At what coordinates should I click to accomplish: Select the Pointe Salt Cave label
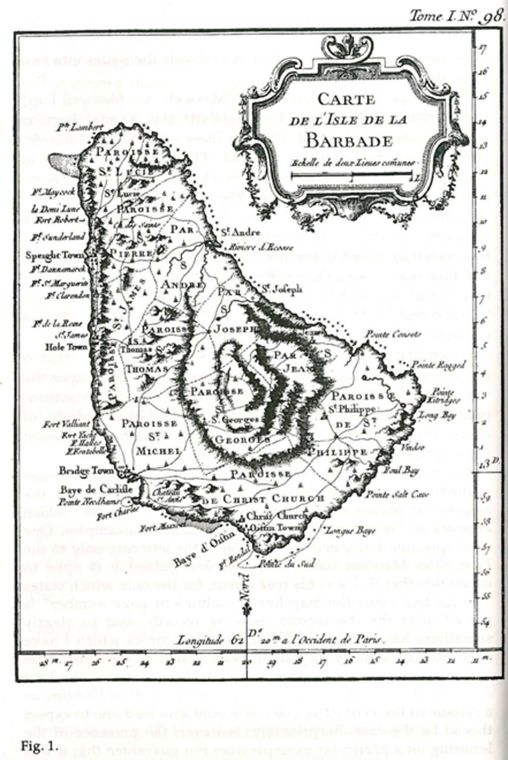(390, 494)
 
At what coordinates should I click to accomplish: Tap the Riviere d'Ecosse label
(258, 247)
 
